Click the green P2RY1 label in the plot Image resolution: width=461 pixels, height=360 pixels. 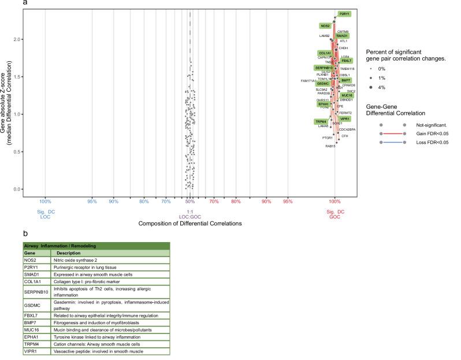point(344,13)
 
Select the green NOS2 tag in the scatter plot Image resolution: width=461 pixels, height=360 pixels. point(325,26)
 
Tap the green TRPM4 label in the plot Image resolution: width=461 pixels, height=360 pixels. point(321,121)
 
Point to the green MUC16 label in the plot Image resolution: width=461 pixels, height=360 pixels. point(346,95)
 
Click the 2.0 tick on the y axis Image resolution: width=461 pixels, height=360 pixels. point(18,39)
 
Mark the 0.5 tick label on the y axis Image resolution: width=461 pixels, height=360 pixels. point(18,151)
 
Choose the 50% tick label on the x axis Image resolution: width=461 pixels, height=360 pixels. point(190,201)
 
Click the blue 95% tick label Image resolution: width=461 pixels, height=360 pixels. point(91,201)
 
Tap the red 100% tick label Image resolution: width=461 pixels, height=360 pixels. point(334,201)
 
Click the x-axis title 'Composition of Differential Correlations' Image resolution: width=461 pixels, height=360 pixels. point(190,222)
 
